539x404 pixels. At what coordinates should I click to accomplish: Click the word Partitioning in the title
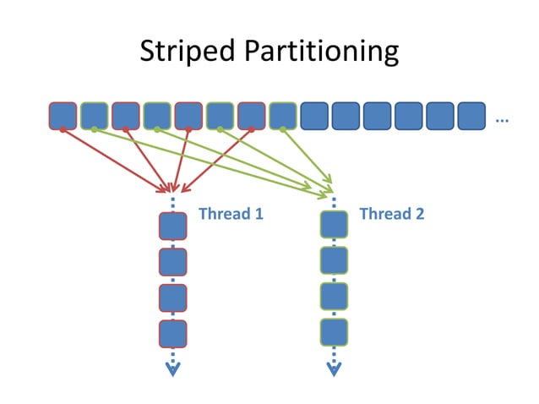coord(320,52)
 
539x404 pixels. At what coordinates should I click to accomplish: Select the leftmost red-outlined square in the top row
coord(63,116)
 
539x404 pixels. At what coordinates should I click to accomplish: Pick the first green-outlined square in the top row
coord(94,116)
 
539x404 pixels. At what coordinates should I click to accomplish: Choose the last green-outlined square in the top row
coord(283,116)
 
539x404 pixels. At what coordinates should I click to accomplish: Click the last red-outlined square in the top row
coord(252,116)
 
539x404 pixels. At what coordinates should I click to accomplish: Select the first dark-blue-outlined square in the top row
coord(314,116)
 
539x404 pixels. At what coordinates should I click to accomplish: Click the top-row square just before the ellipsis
coord(471,116)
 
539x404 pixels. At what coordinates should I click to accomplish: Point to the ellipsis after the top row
coord(502,121)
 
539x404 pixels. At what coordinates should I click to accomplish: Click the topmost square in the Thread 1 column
coord(172,226)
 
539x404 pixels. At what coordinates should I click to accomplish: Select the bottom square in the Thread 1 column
coord(172,333)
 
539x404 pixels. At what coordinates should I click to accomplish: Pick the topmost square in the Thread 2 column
coord(334,224)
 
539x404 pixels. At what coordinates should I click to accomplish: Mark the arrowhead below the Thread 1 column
coord(172,369)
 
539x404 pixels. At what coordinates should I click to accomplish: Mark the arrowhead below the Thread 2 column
coord(334,369)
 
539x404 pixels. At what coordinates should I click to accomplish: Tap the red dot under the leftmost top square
coord(63,129)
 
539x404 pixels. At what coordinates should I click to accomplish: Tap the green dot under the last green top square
coord(283,129)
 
